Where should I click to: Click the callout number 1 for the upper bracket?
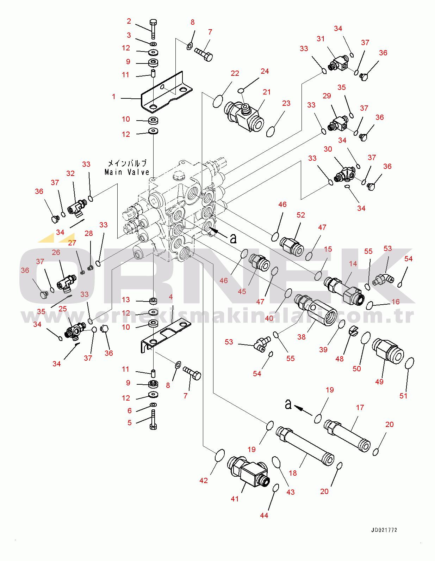point(114,96)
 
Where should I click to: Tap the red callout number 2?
point(129,22)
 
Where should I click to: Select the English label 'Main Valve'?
point(127,172)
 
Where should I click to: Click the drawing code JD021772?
point(384,530)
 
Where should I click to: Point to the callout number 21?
point(267,92)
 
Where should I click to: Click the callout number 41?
point(235,499)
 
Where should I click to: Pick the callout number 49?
point(379,382)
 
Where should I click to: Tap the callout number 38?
point(302,337)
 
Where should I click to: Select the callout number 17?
point(360,408)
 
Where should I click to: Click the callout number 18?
point(293,473)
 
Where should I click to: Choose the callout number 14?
point(353,264)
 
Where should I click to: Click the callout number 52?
point(301,215)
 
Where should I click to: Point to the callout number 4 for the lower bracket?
point(171,297)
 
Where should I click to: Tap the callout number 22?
point(235,73)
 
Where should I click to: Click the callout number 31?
point(321,39)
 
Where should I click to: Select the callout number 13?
point(126,300)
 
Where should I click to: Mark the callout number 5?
point(129,422)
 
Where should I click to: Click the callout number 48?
point(340,359)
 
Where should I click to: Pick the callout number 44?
point(264,515)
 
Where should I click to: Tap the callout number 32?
point(70,173)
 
